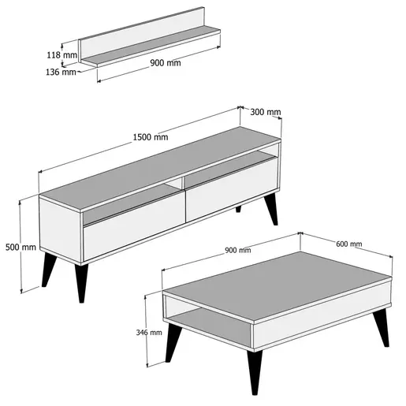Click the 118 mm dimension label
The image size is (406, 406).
click(62, 55)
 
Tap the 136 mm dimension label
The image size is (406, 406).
click(61, 72)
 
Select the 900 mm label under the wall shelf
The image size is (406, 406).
click(166, 63)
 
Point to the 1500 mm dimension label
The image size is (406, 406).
click(151, 137)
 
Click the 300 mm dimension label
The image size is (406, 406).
click(266, 112)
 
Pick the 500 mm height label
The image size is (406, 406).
click(20, 247)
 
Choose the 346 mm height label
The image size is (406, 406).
click(149, 333)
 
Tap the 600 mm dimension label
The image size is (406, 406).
click(349, 244)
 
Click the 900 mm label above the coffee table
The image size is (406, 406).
click(238, 250)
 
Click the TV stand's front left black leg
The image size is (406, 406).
click(81, 282)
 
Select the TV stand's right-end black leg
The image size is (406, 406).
click(271, 209)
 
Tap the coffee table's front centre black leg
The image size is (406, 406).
click(255, 372)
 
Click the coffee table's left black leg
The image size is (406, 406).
click(173, 343)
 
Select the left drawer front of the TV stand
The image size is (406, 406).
click(134, 229)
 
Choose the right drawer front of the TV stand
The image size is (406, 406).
click(232, 189)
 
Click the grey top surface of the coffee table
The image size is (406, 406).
click(277, 285)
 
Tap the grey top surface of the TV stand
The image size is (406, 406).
click(160, 168)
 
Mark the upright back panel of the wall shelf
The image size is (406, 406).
click(142, 34)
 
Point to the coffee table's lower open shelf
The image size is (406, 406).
click(210, 326)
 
